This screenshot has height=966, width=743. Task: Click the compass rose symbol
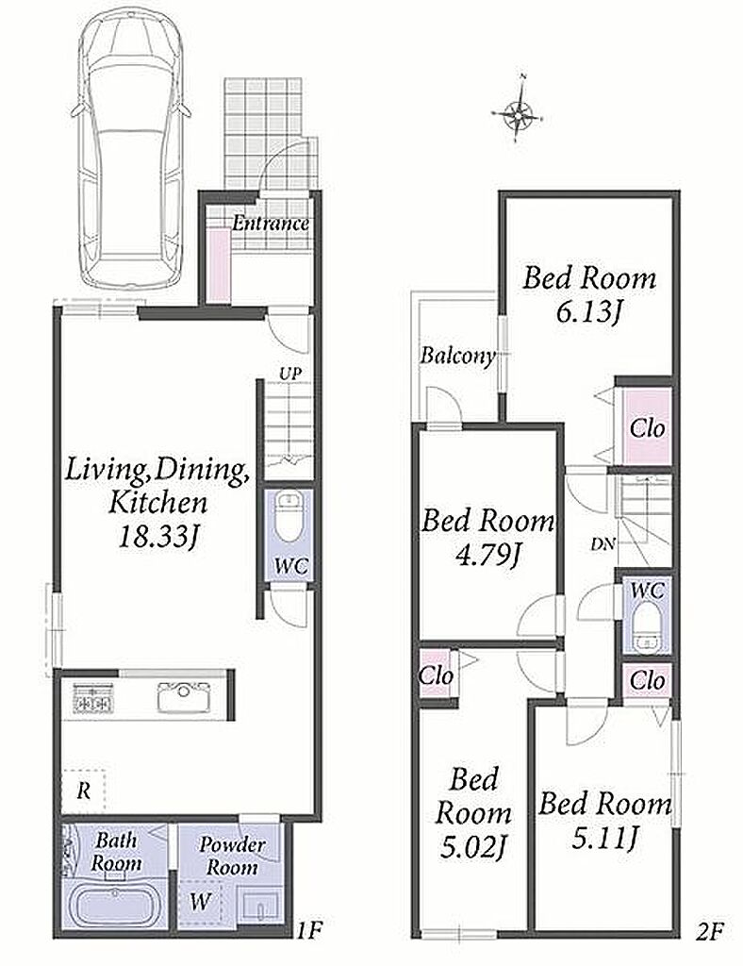(x=520, y=111)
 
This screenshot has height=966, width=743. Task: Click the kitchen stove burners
(x=91, y=698)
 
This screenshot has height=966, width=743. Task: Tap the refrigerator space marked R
(x=84, y=790)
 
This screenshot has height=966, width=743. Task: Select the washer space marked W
(x=199, y=902)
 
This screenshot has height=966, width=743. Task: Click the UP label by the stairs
(x=289, y=373)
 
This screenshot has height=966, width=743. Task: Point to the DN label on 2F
(x=601, y=544)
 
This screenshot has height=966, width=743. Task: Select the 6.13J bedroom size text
(x=588, y=313)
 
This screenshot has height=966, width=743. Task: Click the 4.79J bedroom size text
(x=487, y=556)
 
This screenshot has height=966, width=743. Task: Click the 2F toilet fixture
(x=645, y=627)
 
